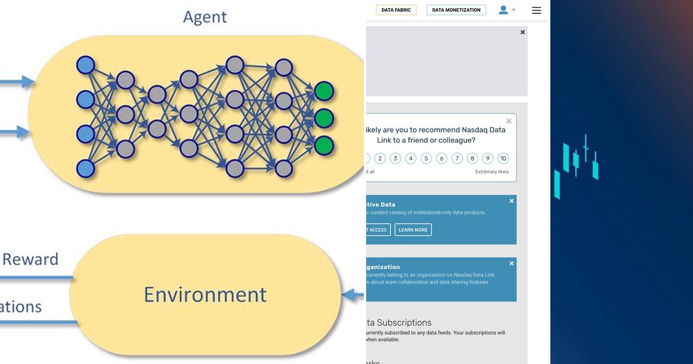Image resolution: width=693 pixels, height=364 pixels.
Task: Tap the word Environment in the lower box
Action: pyautogui.click(x=205, y=294)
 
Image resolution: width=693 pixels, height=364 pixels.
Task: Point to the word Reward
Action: pyautogui.click(x=30, y=259)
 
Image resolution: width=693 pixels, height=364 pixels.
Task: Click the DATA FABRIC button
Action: pyautogui.click(x=396, y=10)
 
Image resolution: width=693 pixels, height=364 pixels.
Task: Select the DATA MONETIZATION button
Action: pyautogui.click(x=456, y=10)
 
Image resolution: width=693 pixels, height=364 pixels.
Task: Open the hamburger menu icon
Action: pyautogui.click(x=536, y=10)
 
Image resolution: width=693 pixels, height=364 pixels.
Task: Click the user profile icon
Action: pyautogui.click(x=504, y=10)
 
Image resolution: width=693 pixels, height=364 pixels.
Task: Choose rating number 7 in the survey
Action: pyautogui.click(x=457, y=158)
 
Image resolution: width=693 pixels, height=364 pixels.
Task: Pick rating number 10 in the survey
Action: pyautogui.click(x=503, y=158)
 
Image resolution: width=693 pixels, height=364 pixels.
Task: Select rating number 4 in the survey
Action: pyautogui.click(x=411, y=158)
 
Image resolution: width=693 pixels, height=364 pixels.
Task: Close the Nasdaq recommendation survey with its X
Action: pyautogui.click(x=509, y=121)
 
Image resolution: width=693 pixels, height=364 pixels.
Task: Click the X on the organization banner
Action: pyautogui.click(x=512, y=263)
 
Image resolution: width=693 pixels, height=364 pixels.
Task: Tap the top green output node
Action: pyautogui.click(x=324, y=91)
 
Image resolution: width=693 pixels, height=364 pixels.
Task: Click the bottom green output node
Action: pyautogui.click(x=324, y=143)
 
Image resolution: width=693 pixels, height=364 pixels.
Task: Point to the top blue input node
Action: pyautogui.click(x=85, y=65)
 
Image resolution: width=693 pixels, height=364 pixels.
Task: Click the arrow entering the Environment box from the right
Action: pyautogui.click(x=352, y=295)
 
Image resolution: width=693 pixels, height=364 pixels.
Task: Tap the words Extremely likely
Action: pyautogui.click(x=492, y=172)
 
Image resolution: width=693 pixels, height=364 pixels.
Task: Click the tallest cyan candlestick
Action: pyautogui.click(x=586, y=149)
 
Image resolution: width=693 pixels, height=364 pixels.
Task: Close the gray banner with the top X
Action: pyautogui.click(x=523, y=32)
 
